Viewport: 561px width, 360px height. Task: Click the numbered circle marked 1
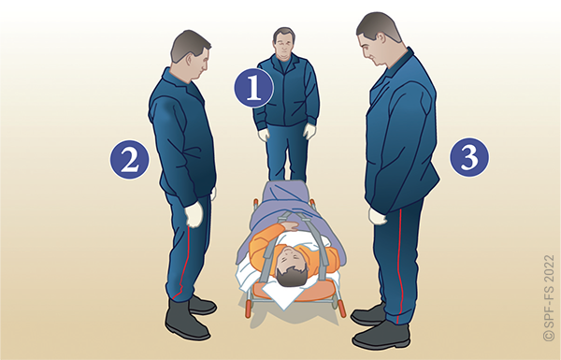[254, 88]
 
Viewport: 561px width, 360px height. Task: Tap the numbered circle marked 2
[129, 159]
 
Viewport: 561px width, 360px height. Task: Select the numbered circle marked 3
[469, 157]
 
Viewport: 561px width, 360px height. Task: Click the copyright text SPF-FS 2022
[549, 297]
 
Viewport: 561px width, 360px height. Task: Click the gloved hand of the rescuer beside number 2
[194, 213]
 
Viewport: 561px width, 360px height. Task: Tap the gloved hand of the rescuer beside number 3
[378, 217]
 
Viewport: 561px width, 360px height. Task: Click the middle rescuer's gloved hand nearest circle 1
[264, 135]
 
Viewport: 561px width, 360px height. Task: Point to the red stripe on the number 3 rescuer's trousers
[400, 263]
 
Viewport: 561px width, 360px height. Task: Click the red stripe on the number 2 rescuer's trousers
[182, 263]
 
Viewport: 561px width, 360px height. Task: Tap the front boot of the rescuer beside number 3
[381, 335]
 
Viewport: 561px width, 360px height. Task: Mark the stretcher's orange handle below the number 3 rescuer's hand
[341, 309]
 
